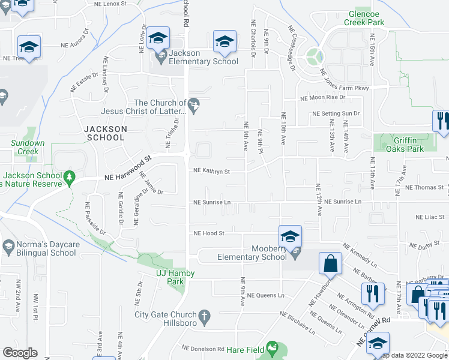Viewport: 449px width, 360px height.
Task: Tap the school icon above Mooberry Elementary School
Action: pyautogui.click(x=289, y=236)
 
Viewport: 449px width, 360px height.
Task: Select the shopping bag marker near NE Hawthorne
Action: pyautogui.click(x=330, y=263)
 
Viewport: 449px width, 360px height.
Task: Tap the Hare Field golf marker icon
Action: pyautogui.click(x=274, y=347)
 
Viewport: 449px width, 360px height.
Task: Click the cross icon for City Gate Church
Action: pyautogui.click(x=204, y=315)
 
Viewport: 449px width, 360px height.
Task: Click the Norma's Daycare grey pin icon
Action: pyautogui.click(x=8, y=245)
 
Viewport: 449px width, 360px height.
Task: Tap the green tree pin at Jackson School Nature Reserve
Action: pyautogui.click(x=70, y=178)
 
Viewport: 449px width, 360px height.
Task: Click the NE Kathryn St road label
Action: pyautogui.click(x=211, y=171)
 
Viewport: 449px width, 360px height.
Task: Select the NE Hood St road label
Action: pyautogui.click(x=208, y=233)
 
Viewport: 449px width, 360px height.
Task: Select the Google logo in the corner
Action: pyautogui.click(x=20, y=353)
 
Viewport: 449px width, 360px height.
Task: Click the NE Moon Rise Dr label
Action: pyautogui.click(x=323, y=97)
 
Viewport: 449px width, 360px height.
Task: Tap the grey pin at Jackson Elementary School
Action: pyautogui.click(x=160, y=57)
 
